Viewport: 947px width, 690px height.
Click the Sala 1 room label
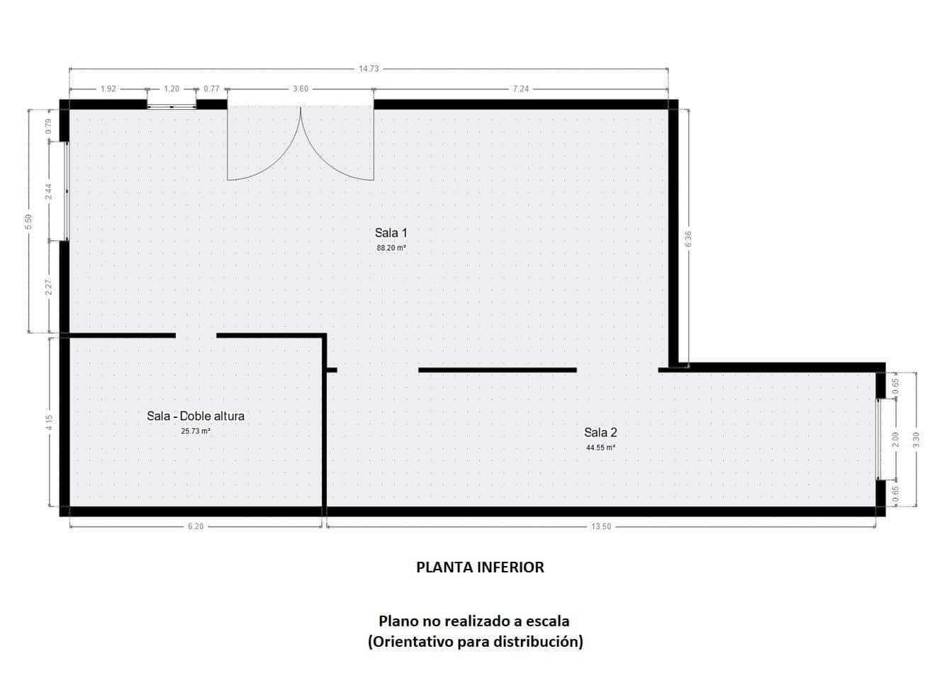(391, 232)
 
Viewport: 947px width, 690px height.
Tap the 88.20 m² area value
(391, 249)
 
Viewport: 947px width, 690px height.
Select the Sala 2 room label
(600, 432)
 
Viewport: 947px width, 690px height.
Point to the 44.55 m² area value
(600, 448)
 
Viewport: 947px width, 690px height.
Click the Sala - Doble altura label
(196, 416)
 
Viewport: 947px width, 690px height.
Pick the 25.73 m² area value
(196, 431)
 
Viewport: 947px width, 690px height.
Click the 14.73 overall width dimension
(369, 69)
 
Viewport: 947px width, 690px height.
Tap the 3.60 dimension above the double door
(301, 89)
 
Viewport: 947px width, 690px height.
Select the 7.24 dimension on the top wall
(521, 89)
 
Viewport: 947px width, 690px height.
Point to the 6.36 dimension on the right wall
(688, 239)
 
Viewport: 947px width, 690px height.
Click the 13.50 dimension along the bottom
(601, 526)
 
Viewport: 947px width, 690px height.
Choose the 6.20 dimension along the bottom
(196, 526)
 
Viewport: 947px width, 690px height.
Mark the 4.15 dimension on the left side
(49, 423)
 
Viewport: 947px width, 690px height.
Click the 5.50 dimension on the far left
(29, 221)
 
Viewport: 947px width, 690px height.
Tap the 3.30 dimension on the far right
(916, 439)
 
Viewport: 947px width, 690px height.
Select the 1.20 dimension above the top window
(172, 89)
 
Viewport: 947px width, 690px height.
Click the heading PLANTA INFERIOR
(480, 567)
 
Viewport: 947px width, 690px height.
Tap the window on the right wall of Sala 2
(879, 439)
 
